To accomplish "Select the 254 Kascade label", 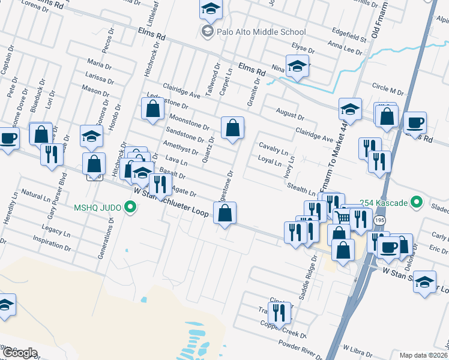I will [x=385, y=202].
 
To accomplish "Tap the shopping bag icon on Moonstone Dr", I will [x=152, y=109].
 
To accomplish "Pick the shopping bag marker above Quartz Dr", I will [x=232, y=128].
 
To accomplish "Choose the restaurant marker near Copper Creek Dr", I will [x=279, y=312].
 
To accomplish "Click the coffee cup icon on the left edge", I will [x=8, y=138].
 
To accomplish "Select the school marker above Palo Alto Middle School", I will [x=211, y=8].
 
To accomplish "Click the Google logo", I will [x=20, y=352].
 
